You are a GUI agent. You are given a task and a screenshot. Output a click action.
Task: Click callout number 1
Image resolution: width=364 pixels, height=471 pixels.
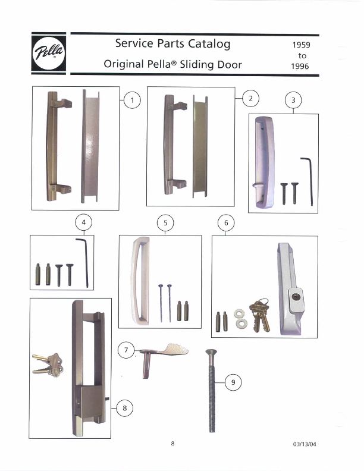pos(132,100)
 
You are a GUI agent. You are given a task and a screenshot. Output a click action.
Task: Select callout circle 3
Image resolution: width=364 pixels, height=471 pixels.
pos(293,100)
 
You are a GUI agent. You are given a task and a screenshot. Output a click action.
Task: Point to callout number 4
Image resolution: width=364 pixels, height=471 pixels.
pos(84,222)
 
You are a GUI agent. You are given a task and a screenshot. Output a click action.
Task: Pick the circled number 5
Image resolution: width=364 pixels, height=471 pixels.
pos(166,223)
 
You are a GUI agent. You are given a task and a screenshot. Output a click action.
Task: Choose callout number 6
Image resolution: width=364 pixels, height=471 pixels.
pos(225,224)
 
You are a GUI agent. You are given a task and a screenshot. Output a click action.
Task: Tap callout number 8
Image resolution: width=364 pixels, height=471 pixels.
pos(124,408)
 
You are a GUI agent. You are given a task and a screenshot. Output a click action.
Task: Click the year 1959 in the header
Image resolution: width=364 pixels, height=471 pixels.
pos(301,45)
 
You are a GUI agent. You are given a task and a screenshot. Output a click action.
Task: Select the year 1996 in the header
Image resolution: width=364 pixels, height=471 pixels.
pos(301,66)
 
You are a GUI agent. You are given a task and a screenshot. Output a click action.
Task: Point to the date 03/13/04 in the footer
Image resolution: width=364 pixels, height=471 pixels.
pos(305,445)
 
